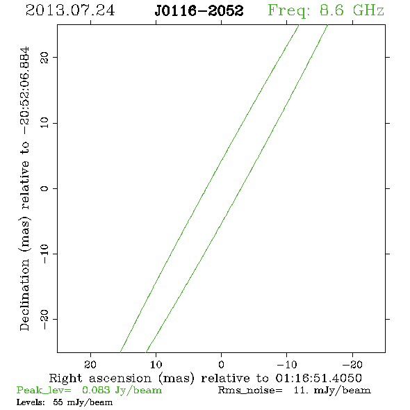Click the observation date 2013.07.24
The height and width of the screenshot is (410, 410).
pyautogui.click(x=70, y=10)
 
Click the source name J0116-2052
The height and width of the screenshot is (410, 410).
pyautogui.click(x=199, y=10)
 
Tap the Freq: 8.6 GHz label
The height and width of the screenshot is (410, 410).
pyautogui.click(x=326, y=10)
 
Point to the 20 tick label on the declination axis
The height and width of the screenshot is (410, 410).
pyautogui.click(x=44, y=58)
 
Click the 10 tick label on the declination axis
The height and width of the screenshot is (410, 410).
pyautogui.click(x=44, y=123)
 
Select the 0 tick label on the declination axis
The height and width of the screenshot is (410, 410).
pyautogui.click(x=44, y=188)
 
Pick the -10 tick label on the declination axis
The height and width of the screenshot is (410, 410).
pyautogui.click(x=44, y=254)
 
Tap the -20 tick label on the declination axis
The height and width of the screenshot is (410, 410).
pyautogui.click(x=44, y=319)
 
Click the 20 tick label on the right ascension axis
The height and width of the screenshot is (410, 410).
pyautogui.click(x=90, y=364)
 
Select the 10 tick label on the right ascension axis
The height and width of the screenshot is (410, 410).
pyautogui.click(x=156, y=364)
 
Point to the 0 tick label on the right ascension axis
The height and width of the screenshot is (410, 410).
pyautogui.click(x=221, y=364)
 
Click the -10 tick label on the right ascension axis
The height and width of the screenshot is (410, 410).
pyautogui.click(x=287, y=364)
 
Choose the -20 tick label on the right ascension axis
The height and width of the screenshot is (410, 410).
pyautogui.click(x=352, y=364)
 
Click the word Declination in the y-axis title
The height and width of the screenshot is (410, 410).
pyautogui.click(x=24, y=295)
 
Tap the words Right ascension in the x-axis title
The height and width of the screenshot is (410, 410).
pyautogui.click(x=100, y=378)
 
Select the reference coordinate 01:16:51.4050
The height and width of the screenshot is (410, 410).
pyautogui.click(x=318, y=378)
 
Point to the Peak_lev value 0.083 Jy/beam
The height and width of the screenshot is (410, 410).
pyautogui.click(x=122, y=391)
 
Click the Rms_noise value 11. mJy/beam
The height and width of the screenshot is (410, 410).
pyautogui.click(x=332, y=391)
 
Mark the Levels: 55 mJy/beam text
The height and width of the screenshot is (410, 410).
pyautogui.click(x=65, y=402)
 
